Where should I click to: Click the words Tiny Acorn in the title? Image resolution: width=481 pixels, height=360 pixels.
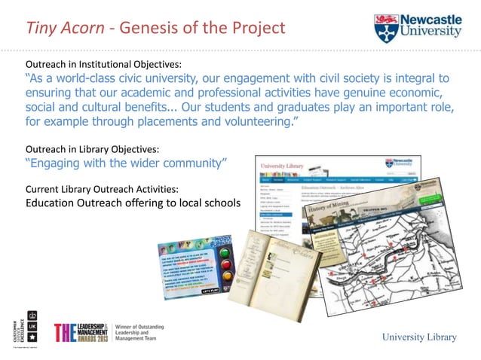point(62,29)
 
